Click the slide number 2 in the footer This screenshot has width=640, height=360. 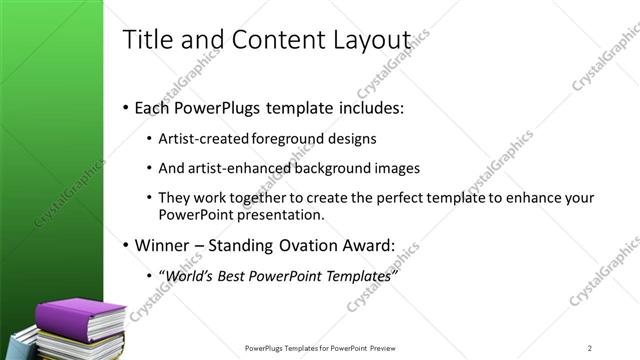[x=590, y=347]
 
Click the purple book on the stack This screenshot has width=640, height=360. [x=79, y=318]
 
